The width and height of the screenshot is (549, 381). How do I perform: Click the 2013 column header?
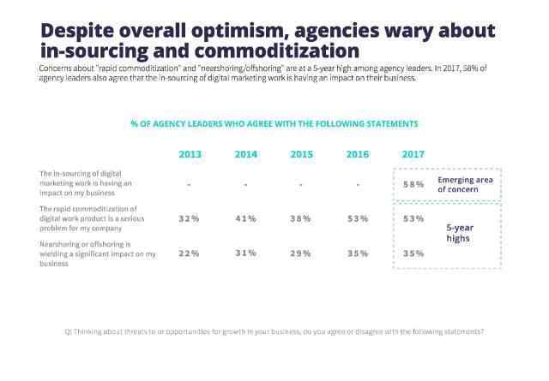tap(190, 154)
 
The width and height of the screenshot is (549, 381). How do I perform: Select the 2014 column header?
tap(245, 154)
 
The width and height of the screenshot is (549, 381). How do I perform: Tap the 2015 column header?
tap(301, 154)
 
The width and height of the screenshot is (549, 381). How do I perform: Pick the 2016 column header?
tap(357, 154)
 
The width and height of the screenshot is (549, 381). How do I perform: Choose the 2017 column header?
tap(413, 154)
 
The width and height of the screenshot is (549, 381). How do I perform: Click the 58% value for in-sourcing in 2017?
tap(413, 184)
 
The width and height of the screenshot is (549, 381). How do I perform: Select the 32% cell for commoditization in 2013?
tap(190, 219)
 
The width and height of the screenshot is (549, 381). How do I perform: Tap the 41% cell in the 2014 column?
tap(245, 219)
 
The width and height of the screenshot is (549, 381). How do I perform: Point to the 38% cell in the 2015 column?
tap(301, 219)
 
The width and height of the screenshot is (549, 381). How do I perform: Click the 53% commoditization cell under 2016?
tap(357, 219)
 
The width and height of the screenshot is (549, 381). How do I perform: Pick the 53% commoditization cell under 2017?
tap(413, 219)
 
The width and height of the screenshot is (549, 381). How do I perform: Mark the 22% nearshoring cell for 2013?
tap(190, 253)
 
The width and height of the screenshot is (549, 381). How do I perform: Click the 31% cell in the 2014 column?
tap(245, 253)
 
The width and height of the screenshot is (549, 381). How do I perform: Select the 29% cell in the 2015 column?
tap(301, 253)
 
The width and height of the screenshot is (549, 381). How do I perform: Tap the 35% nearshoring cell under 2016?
tap(357, 253)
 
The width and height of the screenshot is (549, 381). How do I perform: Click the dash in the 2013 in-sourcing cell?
tap(190, 185)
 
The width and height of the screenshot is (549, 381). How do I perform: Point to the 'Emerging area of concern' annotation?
tap(464, 184)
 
